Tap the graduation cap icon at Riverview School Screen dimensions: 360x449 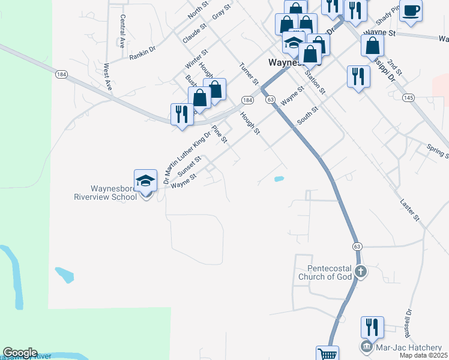[145, 181]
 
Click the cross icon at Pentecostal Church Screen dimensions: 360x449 [360, 272]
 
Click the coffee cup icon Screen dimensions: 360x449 [411, 11]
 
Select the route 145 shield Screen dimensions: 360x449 [408, 97]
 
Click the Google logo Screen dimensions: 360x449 [20, 353]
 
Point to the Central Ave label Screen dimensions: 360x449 [122, 31]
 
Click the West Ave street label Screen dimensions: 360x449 [108, 77]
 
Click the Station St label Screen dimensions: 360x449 [314, 82]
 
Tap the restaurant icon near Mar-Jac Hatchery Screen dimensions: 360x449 [372, 327]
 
